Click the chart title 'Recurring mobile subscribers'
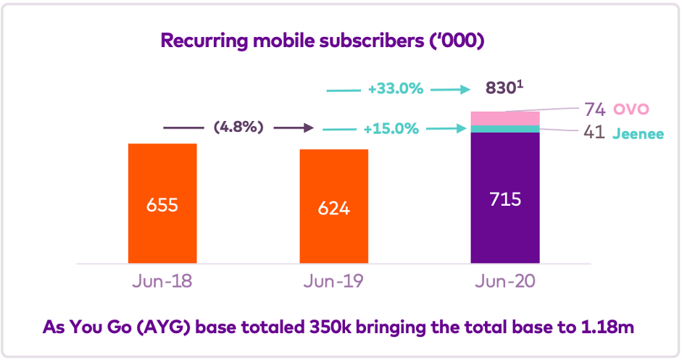(322, 41)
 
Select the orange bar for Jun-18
(162, 174)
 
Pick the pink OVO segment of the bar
(505, 118)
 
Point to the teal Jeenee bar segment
(505, 129)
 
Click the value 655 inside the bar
(162, 204)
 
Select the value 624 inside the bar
(334, 208)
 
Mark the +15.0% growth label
(393, 129)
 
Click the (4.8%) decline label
(238, 127)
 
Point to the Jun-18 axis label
(162, 281)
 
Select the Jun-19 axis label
(334, 281)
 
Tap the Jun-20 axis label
(505, 281)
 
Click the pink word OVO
(631, 109)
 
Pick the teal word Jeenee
(637, 134)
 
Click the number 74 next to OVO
(595, 110)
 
